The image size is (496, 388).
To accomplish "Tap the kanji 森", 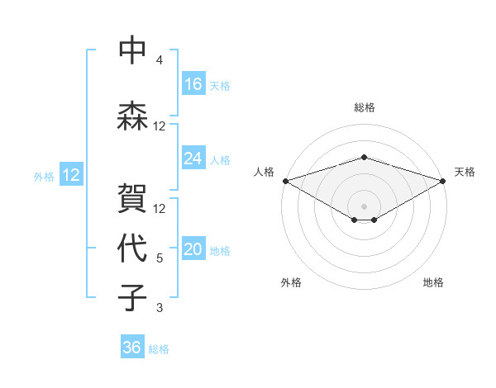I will (132, 116).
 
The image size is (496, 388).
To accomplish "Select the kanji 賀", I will (132, 197).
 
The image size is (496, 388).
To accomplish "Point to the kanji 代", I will (132, 247).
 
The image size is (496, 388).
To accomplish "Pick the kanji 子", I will (132, 297).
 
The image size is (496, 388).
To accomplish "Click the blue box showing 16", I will (193, 84).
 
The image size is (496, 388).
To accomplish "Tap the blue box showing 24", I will (193, 159).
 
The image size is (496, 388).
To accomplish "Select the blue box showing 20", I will (193, 250).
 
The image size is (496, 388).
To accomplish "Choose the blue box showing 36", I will (132, 348).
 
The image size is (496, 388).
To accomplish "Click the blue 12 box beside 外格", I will (70, 175).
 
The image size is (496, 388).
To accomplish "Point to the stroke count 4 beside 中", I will (160, 60).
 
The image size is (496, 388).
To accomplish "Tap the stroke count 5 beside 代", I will (160, 258).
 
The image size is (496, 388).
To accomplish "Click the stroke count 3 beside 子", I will (160, 308).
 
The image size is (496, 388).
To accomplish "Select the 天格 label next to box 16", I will (220, 85).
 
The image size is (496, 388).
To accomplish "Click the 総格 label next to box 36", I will (159, 349).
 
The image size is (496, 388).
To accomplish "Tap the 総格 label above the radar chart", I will (364, 107).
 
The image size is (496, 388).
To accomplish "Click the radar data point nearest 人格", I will (284, 181).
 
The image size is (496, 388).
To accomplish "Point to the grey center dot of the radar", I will (364, 205).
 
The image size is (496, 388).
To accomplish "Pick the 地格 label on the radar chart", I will (433, 283).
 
